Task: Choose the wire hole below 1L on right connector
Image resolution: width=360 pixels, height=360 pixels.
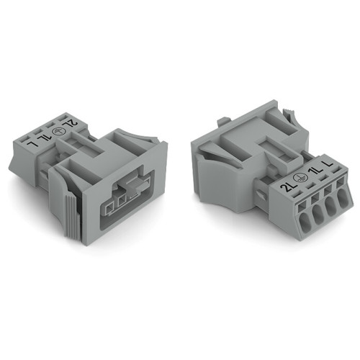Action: click(322, 210)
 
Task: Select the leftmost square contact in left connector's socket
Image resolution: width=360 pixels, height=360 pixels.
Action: click(107, 209)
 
